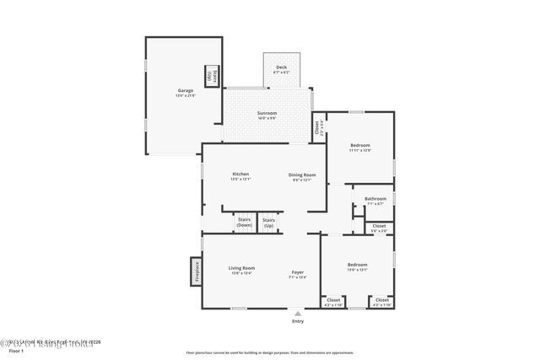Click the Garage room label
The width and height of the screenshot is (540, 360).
click(185, 91)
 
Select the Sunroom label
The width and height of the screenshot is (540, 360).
click(267, 115)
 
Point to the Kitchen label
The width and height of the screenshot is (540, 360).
click(240, 175)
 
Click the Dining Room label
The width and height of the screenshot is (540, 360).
click(301, 175)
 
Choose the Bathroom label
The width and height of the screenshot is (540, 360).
click(375, 200)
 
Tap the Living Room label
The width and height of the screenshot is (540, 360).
click(241, 269)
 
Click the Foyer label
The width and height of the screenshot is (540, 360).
click(298, 273)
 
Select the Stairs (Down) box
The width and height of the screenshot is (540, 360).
click(245, 223)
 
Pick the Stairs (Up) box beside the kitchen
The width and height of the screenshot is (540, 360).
click(269, 223)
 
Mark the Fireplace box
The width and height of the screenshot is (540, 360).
click(195, 272)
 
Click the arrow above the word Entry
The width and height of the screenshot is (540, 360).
click(297, 313)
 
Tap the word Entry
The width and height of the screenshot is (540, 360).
click(297, 321)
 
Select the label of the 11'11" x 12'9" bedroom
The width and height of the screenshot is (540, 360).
click(360, 147)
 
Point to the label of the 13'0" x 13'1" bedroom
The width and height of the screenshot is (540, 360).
click(357, 266)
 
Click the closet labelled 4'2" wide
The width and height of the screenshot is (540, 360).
click(333, 301)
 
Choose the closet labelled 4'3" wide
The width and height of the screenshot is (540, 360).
click(381, 301)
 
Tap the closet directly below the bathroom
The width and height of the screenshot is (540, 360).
click(379, 227)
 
